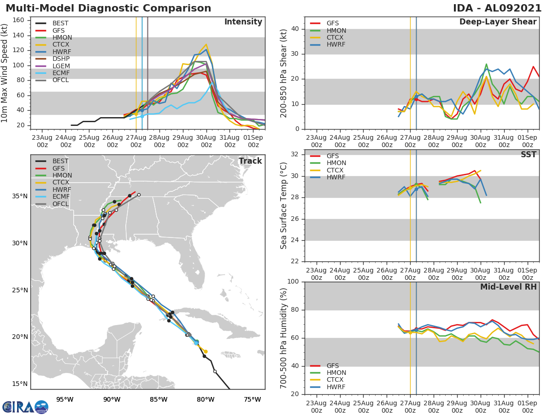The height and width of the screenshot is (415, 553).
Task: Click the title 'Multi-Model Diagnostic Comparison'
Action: tap(108, 8)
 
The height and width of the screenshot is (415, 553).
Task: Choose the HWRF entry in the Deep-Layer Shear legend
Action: tap(336, 45)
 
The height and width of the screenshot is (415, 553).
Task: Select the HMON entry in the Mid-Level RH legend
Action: tap(336, 373)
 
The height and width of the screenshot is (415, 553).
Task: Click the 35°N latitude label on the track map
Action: tap(19, 196)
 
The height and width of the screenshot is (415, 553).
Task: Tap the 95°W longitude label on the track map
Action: tap(65, 399)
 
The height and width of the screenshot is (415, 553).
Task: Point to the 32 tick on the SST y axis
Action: tap(296, 154)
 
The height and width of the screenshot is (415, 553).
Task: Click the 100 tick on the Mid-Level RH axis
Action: tap(293, 282)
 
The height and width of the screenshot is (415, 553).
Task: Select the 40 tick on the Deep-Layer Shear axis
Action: tap(296, 29)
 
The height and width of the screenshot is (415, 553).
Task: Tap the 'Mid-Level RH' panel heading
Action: tap(508, 287)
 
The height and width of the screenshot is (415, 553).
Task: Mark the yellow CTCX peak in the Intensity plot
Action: tap(206, 45)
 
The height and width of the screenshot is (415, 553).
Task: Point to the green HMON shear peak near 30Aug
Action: tap(486, 64)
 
